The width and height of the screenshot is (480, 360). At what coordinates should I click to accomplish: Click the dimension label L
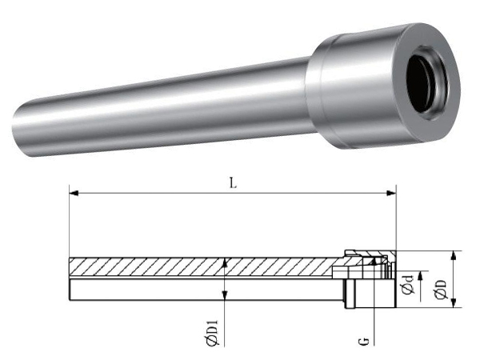(234, 183)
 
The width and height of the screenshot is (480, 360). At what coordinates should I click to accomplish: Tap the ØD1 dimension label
(213, 333)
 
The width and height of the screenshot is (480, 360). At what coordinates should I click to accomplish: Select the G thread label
(364, 341)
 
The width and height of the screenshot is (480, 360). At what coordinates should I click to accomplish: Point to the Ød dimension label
(408, 285)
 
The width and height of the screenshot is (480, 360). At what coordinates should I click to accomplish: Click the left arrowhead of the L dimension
(74, 193)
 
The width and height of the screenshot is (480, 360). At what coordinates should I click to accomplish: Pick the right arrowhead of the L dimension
(391, 193)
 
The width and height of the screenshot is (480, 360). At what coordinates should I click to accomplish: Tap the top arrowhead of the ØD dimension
(454, 255)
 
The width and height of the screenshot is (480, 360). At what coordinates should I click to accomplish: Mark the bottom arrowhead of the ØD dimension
(454, 302)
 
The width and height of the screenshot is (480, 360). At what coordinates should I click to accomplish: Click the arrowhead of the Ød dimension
(421, 275)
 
